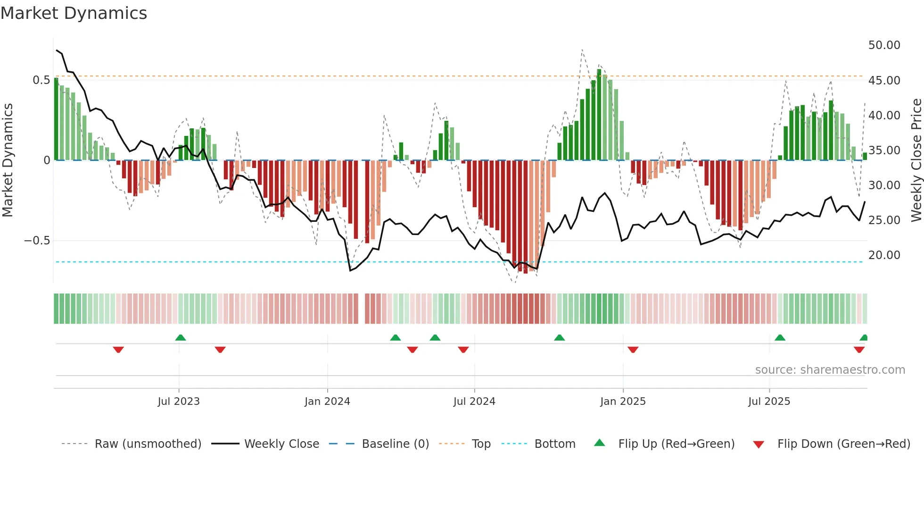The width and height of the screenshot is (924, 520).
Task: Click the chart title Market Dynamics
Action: click(x=74, y=13)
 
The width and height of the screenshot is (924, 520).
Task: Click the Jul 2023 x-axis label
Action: click(x=179, y=402)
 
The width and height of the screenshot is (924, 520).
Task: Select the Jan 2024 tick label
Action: click(x=327, y=402)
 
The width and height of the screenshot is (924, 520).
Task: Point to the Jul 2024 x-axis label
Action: click(x=474, y=402)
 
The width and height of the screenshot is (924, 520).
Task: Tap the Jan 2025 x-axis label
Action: click(x=623, y=402)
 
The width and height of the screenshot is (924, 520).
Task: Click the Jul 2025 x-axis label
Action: click(x=769, y=402)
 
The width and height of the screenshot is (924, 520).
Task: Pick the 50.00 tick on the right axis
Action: click(x=884, y=45)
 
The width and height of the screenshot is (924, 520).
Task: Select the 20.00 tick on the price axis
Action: click(x=884, y=255)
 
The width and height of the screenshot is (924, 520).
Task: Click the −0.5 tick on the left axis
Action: click(x=37, y=241)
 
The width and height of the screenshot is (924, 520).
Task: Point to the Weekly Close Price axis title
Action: click(x=916, y=160)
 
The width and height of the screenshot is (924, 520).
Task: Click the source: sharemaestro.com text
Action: click(x=830, y=370)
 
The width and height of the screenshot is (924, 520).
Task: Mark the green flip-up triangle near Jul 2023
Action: click(x=181, y=337)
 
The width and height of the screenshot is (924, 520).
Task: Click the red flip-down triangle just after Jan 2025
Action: click(x=633, y=350)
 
